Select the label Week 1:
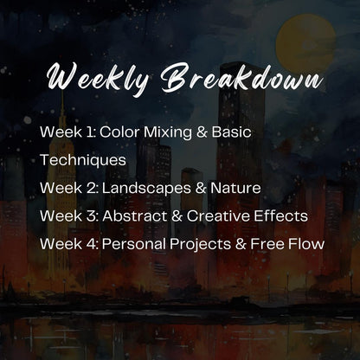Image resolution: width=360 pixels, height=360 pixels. (67, 132)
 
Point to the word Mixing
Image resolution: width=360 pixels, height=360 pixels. (169, 133)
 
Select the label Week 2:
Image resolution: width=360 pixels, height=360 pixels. (68, 188)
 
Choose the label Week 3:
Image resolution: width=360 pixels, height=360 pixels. (68, 215)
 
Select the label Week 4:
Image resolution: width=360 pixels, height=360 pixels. (68, 243)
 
